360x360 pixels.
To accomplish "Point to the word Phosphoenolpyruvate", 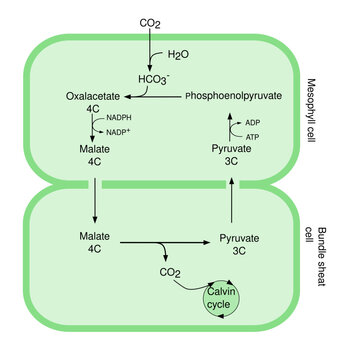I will pyautogui.click(x=247, y=96).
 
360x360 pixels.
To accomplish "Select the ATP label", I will pyautogui.click(x=252, y=136).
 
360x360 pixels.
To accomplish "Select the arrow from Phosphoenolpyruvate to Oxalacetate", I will pyautogui.click(x=153, y=96).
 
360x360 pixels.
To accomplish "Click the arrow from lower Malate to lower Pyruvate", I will pyautogui.click(x=165, y=241).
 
